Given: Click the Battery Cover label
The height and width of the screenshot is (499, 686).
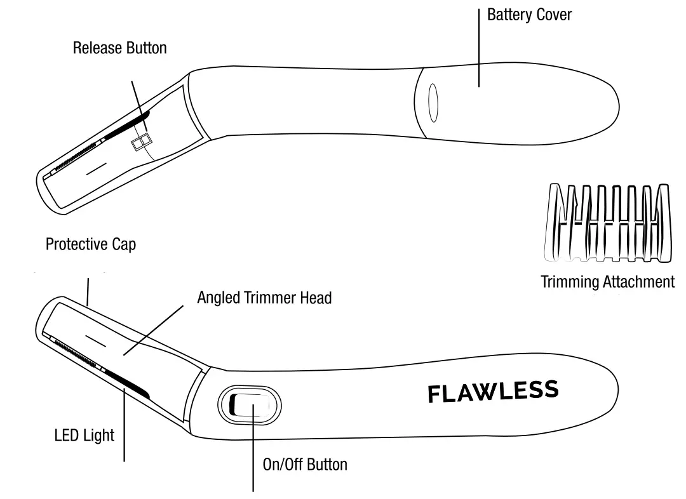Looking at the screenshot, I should (529, 15).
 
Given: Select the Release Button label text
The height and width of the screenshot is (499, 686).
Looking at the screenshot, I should (119, 48).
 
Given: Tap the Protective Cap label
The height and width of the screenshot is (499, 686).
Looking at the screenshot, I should (91, 244).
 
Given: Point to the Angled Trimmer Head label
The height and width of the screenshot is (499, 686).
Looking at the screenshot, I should (264, 298).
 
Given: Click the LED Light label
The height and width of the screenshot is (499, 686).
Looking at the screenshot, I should (84, 436).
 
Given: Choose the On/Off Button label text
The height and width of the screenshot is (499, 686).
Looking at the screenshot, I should (305, 464).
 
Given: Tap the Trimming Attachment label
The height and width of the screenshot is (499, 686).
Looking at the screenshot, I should (607, 282).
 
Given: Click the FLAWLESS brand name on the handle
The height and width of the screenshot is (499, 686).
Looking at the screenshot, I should (493, 392).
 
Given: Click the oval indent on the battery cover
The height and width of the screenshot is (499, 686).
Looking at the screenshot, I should (433, 102).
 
